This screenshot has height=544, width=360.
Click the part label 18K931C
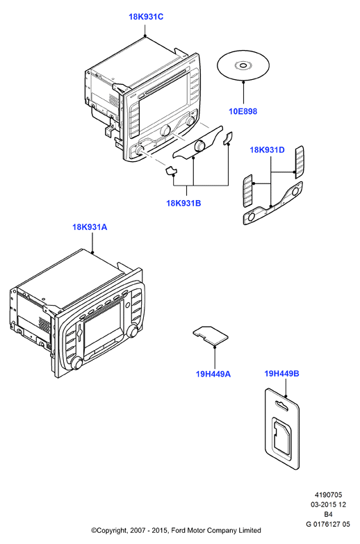pos(146,17)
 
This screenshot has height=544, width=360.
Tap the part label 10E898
pos(243,111)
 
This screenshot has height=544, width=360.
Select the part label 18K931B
pos(183,203)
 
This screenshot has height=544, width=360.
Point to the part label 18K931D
pos(268,150)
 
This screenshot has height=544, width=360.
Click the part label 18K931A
pos(90,227)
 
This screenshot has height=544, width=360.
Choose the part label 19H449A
pos(213,374)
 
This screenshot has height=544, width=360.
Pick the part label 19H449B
pos(281,373)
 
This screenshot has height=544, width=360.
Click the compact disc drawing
pos(243,65)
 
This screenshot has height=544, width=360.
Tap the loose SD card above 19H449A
pos(211,335)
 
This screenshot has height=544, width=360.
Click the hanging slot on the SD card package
pos(281,405)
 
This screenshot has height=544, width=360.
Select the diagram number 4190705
pos(328,495)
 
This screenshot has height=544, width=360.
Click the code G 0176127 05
pos(328,524)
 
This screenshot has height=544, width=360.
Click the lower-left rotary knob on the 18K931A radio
pos(76,363)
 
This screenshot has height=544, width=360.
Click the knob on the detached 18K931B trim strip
pos(199,146)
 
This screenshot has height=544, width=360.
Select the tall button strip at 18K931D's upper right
pos(300,162)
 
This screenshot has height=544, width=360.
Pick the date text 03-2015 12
pos(328,504)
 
